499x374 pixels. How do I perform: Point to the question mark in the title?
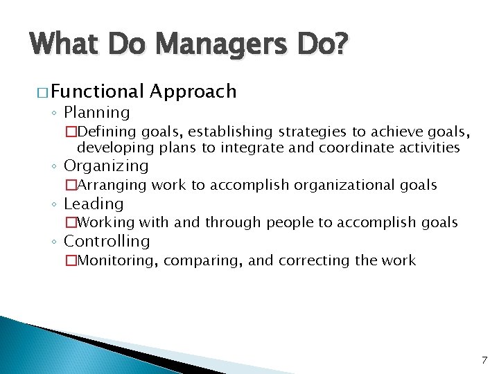tap(342, 45)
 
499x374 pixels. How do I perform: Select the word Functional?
tap(97, 91)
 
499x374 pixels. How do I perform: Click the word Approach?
tap(193, 91)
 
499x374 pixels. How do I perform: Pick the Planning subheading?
tap(96, 112)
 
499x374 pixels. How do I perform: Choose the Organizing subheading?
tap(106, 166)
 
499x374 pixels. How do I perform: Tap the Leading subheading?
tap(94, 204)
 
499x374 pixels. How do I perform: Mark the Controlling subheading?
tap(107, 242)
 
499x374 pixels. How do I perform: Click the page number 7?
tap(484, 360)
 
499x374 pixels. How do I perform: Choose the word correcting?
tap(315, 260)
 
